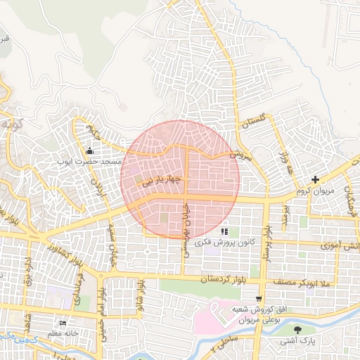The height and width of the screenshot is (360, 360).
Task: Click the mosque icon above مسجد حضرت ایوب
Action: [89, 151]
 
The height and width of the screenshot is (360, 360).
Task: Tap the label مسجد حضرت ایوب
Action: [91, 162]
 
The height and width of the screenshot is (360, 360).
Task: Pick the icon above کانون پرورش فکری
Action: [224, 231]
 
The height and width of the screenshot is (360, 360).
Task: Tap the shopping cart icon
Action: [259, 299]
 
